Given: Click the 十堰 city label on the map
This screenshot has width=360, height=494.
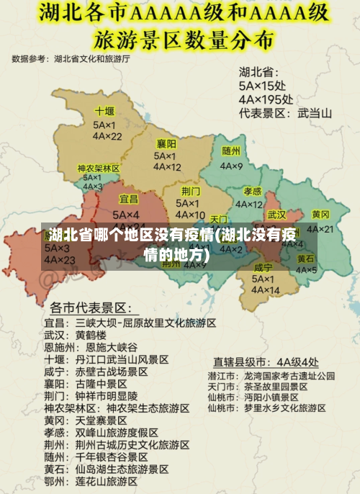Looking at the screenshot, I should (x=105, y=112).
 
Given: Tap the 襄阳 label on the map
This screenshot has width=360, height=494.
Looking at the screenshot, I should (x=167, y=143).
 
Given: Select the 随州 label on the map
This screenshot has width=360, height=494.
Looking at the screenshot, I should (x=231, y=151).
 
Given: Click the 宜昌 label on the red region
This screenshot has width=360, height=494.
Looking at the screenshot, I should (x=129, y=199).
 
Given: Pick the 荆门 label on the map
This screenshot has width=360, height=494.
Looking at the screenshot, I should (x=191, y=191).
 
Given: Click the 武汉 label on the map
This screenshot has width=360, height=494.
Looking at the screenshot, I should (x=276, y=215).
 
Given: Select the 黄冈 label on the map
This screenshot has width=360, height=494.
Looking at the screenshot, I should (x=321, y=215).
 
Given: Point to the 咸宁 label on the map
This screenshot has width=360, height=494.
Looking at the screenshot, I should (x=264, y=268).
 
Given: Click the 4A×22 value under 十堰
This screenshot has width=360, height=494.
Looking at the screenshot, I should (x=107, y=136).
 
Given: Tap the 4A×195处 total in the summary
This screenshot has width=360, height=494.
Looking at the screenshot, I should (x=266, y=99).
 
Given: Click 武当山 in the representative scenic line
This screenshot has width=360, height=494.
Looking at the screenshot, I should (x=315, y=112).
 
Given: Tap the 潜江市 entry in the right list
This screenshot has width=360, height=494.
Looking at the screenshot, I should (x=221, y=376).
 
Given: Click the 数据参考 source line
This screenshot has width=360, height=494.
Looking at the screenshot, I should (x=71, y=59).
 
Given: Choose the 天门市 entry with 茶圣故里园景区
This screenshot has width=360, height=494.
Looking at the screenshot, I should (x=221, y=387).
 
